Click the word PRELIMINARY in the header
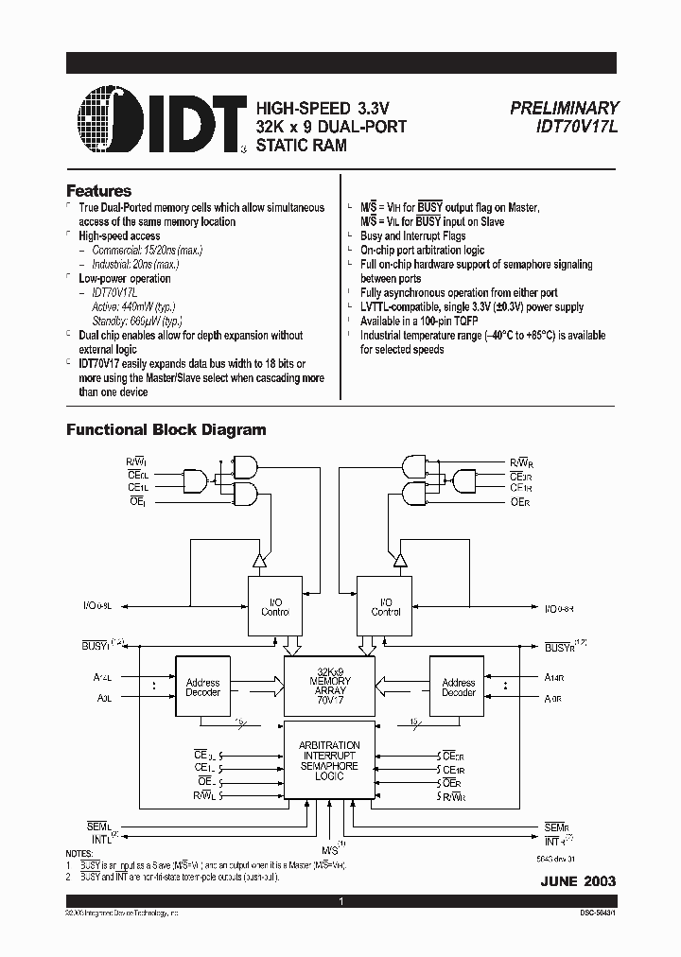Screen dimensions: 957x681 (565, 109)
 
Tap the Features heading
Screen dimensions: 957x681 (98, 191)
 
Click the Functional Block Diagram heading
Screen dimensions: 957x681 (166, 429)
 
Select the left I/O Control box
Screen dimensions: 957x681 (275, 606)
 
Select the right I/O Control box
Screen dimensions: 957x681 (385, 606)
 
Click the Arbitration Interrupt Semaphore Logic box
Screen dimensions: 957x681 (329, 760)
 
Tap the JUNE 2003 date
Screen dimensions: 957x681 (579, 880)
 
